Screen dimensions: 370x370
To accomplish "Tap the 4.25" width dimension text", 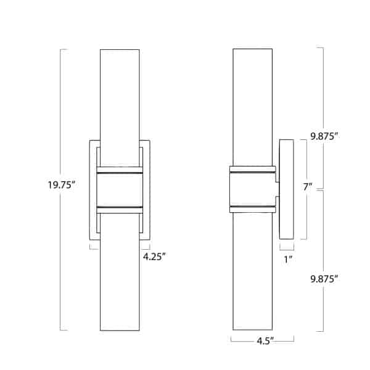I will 154,257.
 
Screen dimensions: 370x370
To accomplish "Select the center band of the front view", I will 120,188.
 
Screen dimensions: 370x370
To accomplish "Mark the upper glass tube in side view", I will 252,105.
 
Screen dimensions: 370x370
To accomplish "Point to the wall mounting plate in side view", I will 286,189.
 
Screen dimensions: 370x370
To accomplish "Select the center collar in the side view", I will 252,189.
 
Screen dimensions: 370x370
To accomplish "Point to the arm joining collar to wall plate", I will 277,189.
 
